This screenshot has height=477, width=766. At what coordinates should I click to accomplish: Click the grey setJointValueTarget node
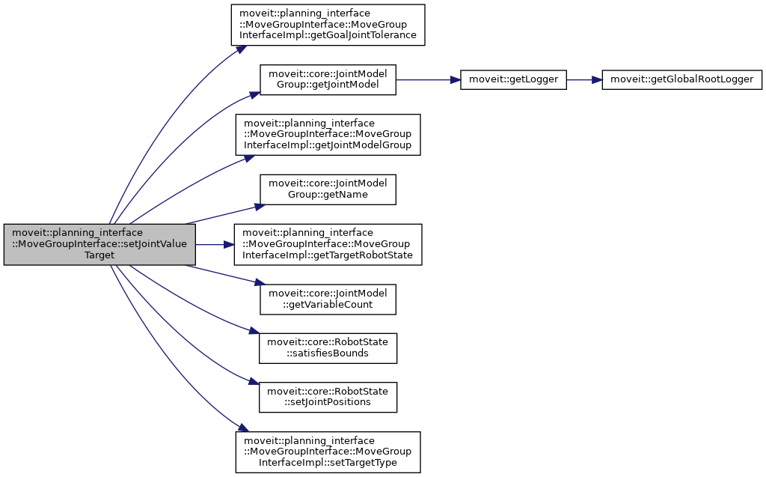tap(99, 244)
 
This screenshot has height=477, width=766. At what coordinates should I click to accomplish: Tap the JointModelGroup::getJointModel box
tap(328, 79)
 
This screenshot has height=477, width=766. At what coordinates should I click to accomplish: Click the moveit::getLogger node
tap(513, 79)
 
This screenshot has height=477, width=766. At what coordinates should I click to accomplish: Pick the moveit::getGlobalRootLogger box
tap(682, 79)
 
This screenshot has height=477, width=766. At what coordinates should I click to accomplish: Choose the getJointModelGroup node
tap(328, 134)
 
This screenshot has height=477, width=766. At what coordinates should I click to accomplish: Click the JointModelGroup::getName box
tap(328, 189)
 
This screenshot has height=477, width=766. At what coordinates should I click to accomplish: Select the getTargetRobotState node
tap(328, 244)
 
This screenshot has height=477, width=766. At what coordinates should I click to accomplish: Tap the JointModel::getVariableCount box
tap(328, 300)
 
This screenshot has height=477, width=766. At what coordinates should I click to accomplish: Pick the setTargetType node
tap(328, 452)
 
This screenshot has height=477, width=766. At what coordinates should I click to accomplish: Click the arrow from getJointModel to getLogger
tap(426, 79)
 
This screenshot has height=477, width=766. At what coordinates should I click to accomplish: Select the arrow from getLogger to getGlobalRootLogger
tap(583, 79)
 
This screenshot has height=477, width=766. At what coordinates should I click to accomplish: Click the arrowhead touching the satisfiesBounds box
tap(254, 337)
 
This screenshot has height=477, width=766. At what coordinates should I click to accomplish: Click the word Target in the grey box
tap(99, 255)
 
